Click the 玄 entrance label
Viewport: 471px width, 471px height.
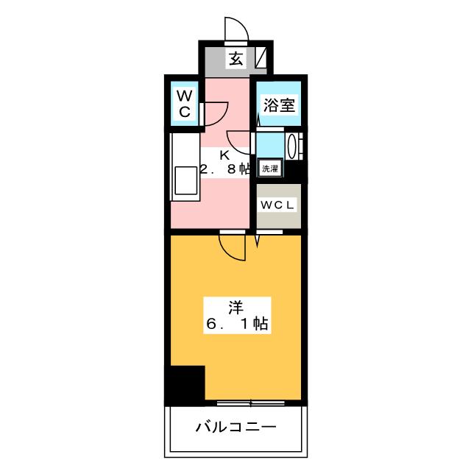[235, 60]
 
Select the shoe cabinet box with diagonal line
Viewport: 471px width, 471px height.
[261, 59]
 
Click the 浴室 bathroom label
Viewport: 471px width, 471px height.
[279, 105]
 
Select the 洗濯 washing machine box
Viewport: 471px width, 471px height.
[270, 168]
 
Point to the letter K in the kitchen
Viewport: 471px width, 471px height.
[226, 156]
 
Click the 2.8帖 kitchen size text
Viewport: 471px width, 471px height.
[225, 170]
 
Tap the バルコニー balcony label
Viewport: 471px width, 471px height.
[235, 426]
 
